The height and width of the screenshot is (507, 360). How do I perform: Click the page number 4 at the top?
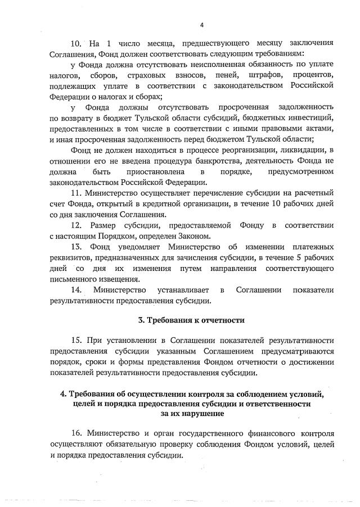click(201, 25)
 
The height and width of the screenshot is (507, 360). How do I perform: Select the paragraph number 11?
click(76, 193)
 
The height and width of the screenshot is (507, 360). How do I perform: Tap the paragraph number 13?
click(77, 246)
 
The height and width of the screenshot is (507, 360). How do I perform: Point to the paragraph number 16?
click(77, 434)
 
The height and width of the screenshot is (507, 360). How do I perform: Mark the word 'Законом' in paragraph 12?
click(195, 236)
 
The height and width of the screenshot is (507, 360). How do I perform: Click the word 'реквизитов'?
click(71, 257)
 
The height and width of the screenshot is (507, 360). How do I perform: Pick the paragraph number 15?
click(77, 341)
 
